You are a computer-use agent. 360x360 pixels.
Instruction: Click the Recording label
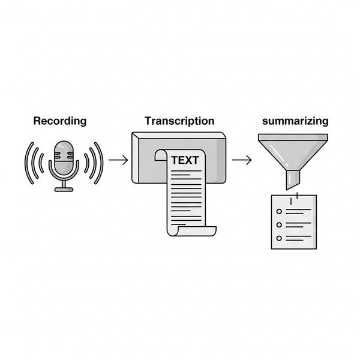59,121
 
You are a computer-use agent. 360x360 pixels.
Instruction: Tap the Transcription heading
179,121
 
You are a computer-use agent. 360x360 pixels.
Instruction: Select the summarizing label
295,121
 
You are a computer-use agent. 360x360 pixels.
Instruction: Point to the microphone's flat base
64,189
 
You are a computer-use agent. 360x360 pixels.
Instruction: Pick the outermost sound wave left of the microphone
27,163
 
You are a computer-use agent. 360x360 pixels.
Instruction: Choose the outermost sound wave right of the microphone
101,163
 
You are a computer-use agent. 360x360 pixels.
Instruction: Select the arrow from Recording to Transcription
119,160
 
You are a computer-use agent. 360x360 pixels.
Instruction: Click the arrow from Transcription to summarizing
241,160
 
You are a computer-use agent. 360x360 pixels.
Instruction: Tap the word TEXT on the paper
184,160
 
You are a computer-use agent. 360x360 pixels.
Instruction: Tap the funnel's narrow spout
293,179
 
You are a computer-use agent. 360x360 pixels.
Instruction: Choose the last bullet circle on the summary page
278,238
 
